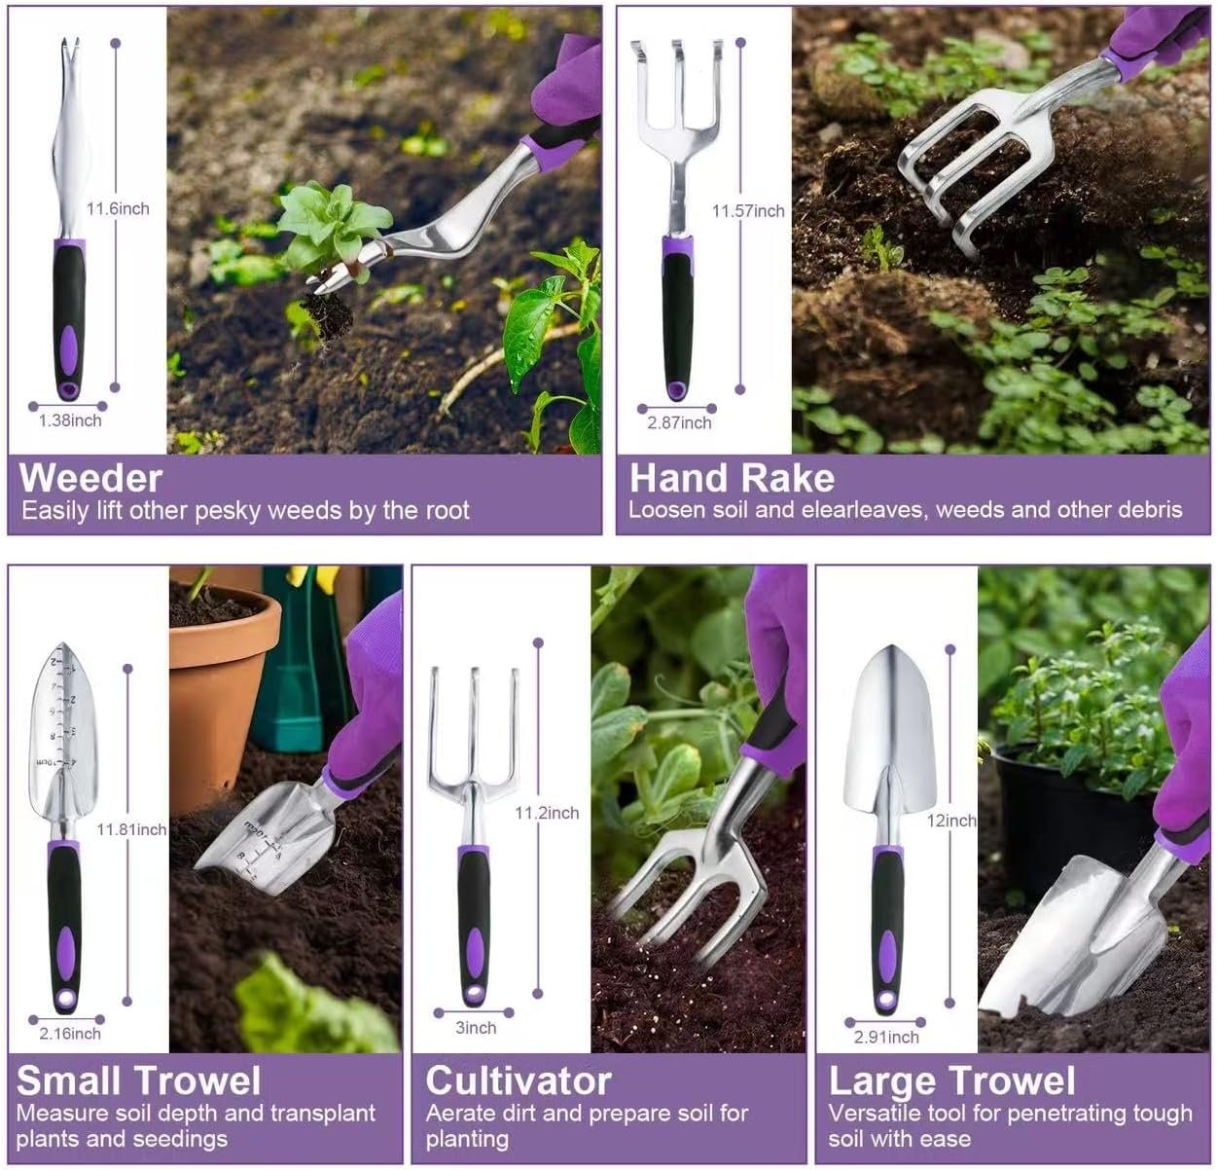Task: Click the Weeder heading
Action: (90, 478)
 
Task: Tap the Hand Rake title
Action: (732, 478)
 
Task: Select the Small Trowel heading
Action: (139, 1081)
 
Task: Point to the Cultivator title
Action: (518, 1081)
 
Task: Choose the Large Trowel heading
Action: (951, 1081)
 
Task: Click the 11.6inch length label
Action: (118, 208)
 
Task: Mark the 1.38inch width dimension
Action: (70, 420)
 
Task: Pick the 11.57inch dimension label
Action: (747, 210)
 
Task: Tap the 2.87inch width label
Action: (679, 422)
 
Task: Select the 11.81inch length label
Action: (131, 829)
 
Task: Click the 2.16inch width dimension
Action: (70, 1034)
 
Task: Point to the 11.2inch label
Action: (546, 813)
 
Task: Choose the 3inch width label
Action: (476, 1028)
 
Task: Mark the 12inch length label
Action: (950, 821)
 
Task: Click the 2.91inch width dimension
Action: (886, 1038)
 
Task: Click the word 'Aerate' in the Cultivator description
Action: (461, 1113)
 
